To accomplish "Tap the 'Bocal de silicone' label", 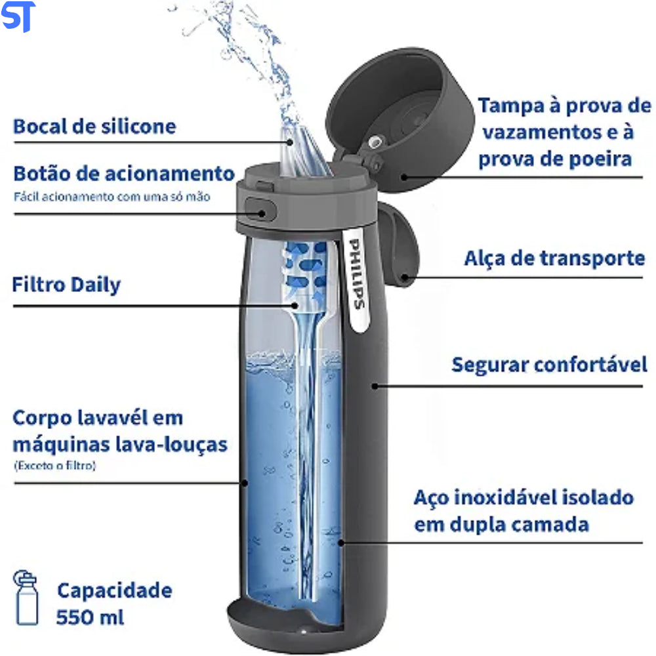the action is tap(94, 127).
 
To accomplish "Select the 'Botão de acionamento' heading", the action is tap(124, 173).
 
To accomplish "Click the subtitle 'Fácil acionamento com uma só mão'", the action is tap(112, 197).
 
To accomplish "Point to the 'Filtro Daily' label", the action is tap(66, 285).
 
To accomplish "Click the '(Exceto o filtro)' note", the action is tap(55, 465).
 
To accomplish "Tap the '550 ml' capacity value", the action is tap(90, 617).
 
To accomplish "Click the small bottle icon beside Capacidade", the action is tap(26, 598).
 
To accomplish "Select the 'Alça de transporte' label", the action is tap(554, 258).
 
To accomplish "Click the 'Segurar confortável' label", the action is tap(549, 364).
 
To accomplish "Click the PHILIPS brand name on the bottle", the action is tap(356, 274).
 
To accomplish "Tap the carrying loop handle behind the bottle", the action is tap(398, 243).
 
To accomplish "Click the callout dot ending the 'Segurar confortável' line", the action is tap(375, 386).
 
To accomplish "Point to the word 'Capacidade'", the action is tap(115, 590).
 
